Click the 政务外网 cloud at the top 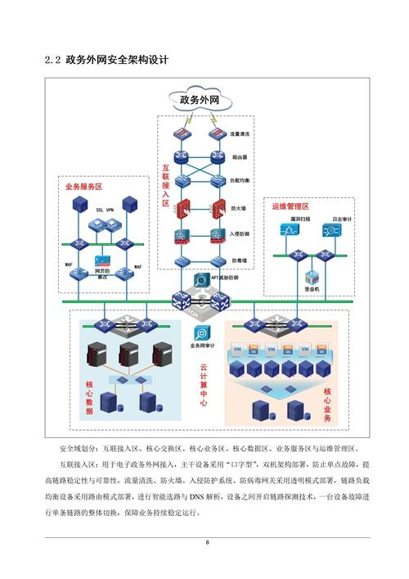click(199, 101)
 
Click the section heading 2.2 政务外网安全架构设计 click(106, 61)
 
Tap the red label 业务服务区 click(84, 187)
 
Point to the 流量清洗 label click(240, 133)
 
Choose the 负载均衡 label click(240, 179)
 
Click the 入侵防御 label click(240, 235)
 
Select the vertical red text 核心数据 click(90, 398)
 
